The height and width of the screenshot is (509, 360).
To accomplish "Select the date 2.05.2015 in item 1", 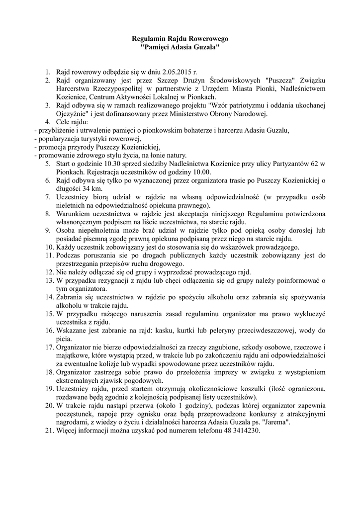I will click(168, 72).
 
